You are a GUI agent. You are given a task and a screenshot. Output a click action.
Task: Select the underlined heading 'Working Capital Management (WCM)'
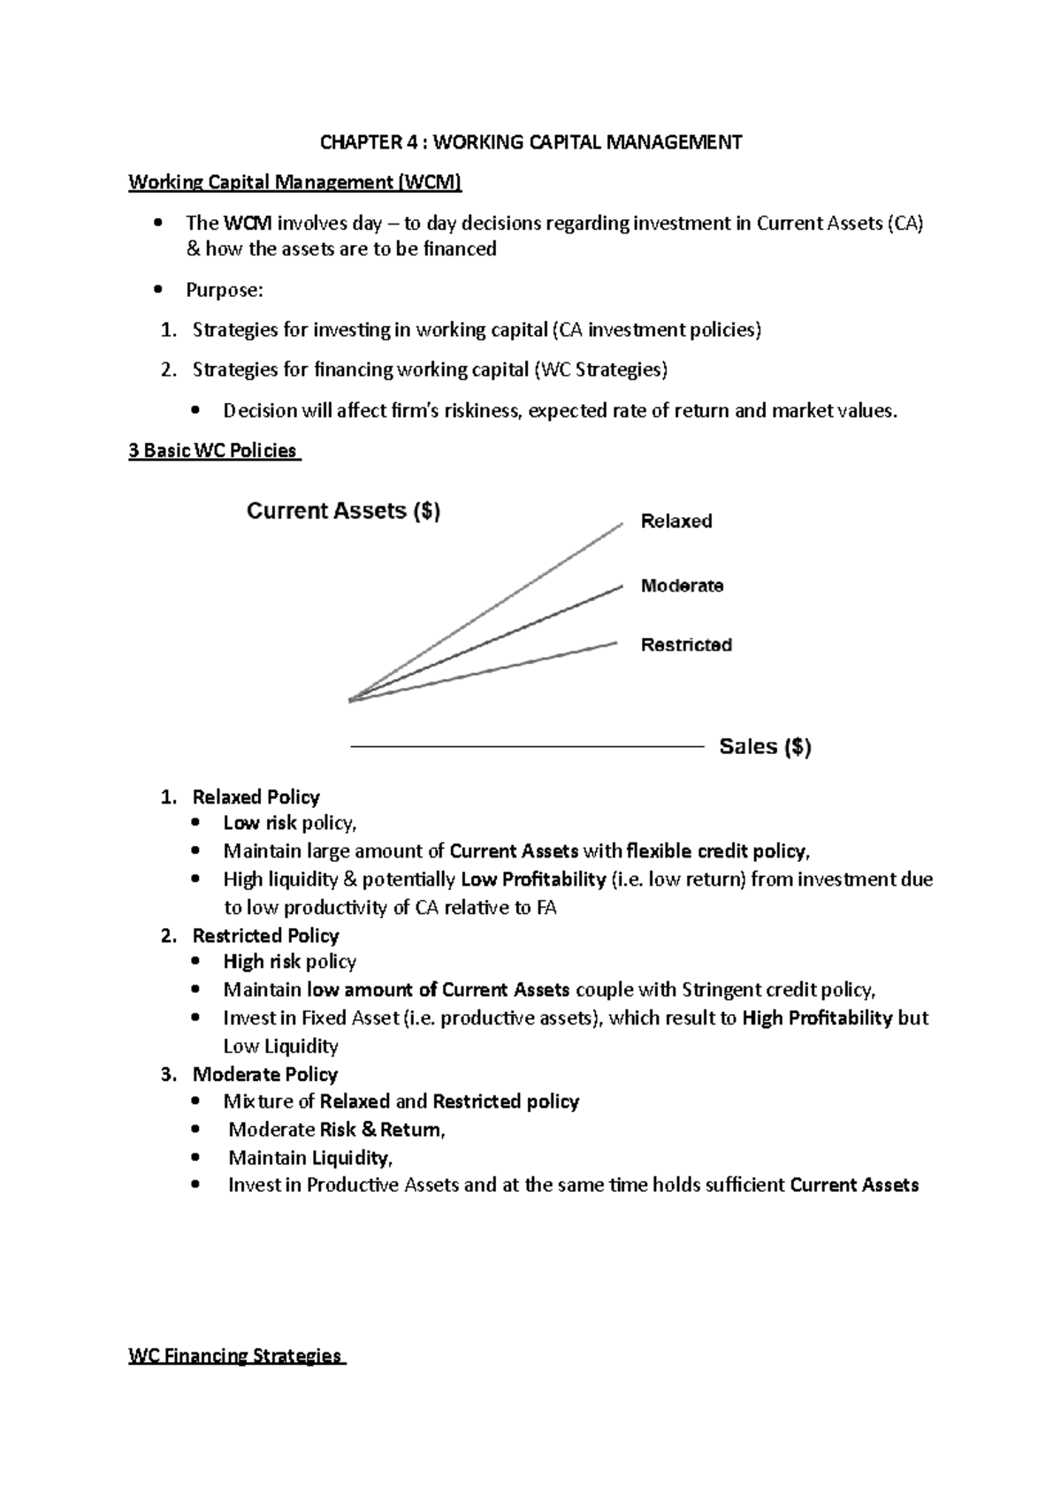(x=294, y=182)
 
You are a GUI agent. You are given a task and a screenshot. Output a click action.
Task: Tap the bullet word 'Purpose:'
(x=224, y=290)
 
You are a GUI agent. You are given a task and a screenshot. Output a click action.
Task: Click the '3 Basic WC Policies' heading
(x=213, y=451)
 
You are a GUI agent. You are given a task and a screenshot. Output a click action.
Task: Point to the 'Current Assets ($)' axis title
(x=343, y=511)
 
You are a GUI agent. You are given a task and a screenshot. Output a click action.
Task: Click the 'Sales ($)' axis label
(x=765, y=747)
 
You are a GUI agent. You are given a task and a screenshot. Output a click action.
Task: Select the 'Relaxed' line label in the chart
(x=676, y=522)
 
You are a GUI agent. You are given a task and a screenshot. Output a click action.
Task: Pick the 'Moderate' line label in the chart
(x=682, y=586)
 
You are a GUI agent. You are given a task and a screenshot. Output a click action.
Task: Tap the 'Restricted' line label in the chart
(x=686, y=645)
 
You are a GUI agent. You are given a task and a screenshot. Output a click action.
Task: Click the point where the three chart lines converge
(x=351, y=701)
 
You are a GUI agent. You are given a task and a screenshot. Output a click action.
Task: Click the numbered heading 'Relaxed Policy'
(x=256, y=797)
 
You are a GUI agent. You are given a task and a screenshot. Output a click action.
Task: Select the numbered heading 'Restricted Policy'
(x=265, y=935)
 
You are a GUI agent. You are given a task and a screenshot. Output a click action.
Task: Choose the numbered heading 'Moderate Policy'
(x=264, y=1074)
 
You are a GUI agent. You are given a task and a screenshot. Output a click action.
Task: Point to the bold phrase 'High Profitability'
(x=817, y=1018)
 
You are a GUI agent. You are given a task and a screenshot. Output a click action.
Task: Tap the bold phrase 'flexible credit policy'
(x=716, y=851)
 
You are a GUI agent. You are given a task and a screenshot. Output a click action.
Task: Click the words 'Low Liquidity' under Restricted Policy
(x=280, y=1047)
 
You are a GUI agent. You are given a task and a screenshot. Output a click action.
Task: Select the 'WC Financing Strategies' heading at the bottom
(x=235, y=1356)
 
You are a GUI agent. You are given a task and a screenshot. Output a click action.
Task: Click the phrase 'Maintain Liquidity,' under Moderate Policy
(x=310, y=1158)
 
